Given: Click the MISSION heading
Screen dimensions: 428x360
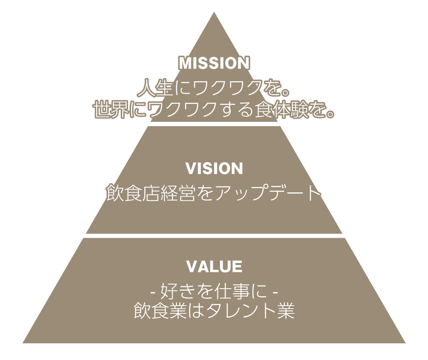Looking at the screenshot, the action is (214, 63).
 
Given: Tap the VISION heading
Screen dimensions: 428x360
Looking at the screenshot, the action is (214, 168).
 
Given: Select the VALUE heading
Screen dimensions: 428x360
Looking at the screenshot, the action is (214, 266).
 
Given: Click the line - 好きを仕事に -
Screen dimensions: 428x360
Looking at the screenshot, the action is (214, 292).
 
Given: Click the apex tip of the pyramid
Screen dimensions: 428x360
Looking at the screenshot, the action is (214, 12).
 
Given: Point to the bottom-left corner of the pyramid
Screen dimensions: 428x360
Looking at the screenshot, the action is (23, 343).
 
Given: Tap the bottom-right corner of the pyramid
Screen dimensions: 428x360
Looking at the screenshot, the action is (405, 343).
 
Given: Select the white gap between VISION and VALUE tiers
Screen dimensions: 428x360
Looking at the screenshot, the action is (214, 236).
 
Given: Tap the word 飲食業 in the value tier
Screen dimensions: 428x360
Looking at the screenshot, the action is (160, 310).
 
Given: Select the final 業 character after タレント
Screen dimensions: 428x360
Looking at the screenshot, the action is (285, 310).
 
